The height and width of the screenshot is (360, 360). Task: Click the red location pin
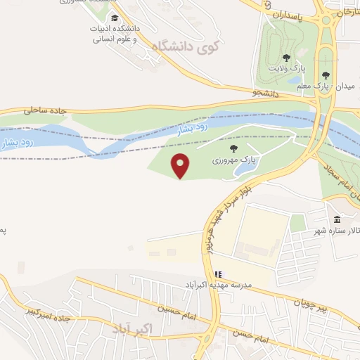pyautogui.click(x=181, y=166)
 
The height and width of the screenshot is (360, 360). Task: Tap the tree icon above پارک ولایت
pyautogui.click(x=285, y=57)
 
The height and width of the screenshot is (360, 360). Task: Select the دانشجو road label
pyautogui.click(x=266, y=93)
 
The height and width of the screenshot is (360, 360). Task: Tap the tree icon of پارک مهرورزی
pyautogui.click(x=233, y=148)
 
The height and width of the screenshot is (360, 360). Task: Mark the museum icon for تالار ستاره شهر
pyautogui.click(x=337, y=219)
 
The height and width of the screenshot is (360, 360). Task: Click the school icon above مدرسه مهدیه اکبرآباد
pyautogui.click(x=218, y=274)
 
